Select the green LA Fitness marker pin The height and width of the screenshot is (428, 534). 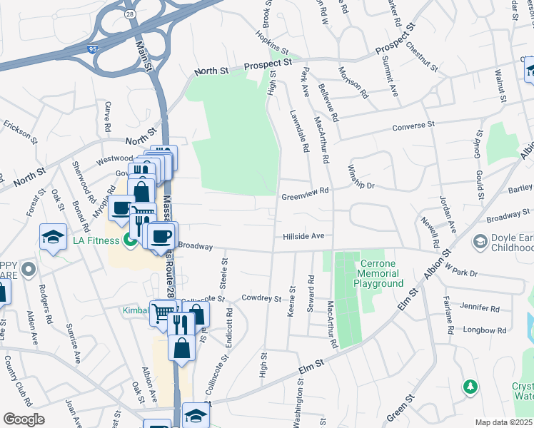point(130,240)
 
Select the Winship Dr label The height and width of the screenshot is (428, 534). point(360,175)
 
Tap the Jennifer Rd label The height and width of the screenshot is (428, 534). point(480,308)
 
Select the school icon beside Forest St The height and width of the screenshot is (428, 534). point(53,238)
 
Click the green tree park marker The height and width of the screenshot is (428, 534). point(470,387)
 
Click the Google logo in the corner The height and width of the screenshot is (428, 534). point(24,419)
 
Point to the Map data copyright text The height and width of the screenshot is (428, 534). point(503,422)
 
